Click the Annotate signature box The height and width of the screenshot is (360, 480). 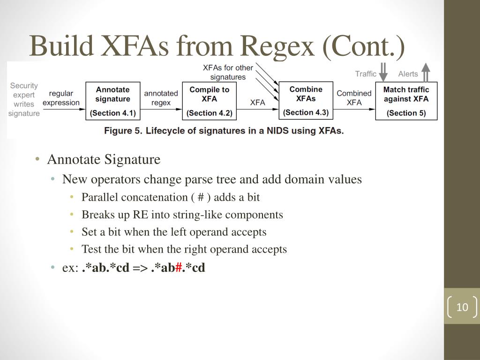pos(112,101)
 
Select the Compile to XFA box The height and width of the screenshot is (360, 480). pos(209,101)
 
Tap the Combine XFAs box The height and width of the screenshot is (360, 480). pos(306,100)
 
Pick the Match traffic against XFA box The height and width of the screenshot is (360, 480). pos(406,101)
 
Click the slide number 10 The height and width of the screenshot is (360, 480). pos(462,307)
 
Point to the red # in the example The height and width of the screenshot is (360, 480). pos(178,268)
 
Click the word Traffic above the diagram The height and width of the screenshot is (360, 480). pos(366,74)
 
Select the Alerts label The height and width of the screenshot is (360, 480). pos(408,74)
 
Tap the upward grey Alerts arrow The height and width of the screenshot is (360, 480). pos(426,72)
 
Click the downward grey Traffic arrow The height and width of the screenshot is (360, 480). pos(383,72)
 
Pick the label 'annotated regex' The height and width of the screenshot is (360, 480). pos(161,98)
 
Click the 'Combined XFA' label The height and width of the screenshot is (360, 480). pos(354,98)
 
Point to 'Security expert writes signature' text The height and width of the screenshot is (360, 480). pos(24,99)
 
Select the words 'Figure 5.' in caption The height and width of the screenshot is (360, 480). pos(123,131)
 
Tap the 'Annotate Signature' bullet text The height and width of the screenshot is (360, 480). pos(104,160)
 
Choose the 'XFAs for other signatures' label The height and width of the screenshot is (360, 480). pos(228,72)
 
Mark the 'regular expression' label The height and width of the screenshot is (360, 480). pos(61,98)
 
